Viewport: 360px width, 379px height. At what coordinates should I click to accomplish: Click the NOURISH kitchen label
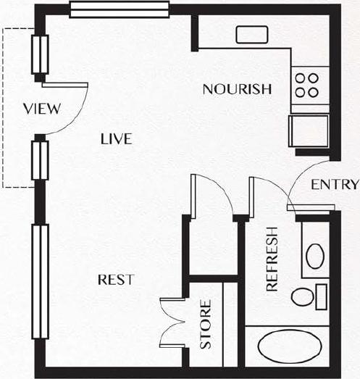pos(237,90)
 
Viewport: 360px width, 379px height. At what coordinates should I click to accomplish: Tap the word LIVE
pos(117,139)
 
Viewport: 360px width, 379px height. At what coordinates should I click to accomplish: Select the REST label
pos(115,279)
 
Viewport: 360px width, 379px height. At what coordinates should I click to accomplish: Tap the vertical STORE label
pos(206,325)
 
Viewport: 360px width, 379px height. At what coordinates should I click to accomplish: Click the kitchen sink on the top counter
pos(251,35)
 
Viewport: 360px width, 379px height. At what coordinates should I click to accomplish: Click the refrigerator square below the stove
pos(309,130)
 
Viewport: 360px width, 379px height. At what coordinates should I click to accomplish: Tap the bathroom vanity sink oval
pos(314,256)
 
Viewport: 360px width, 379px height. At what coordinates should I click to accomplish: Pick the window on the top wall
pos(120,9)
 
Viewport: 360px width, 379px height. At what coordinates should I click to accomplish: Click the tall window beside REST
pos(41,283)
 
